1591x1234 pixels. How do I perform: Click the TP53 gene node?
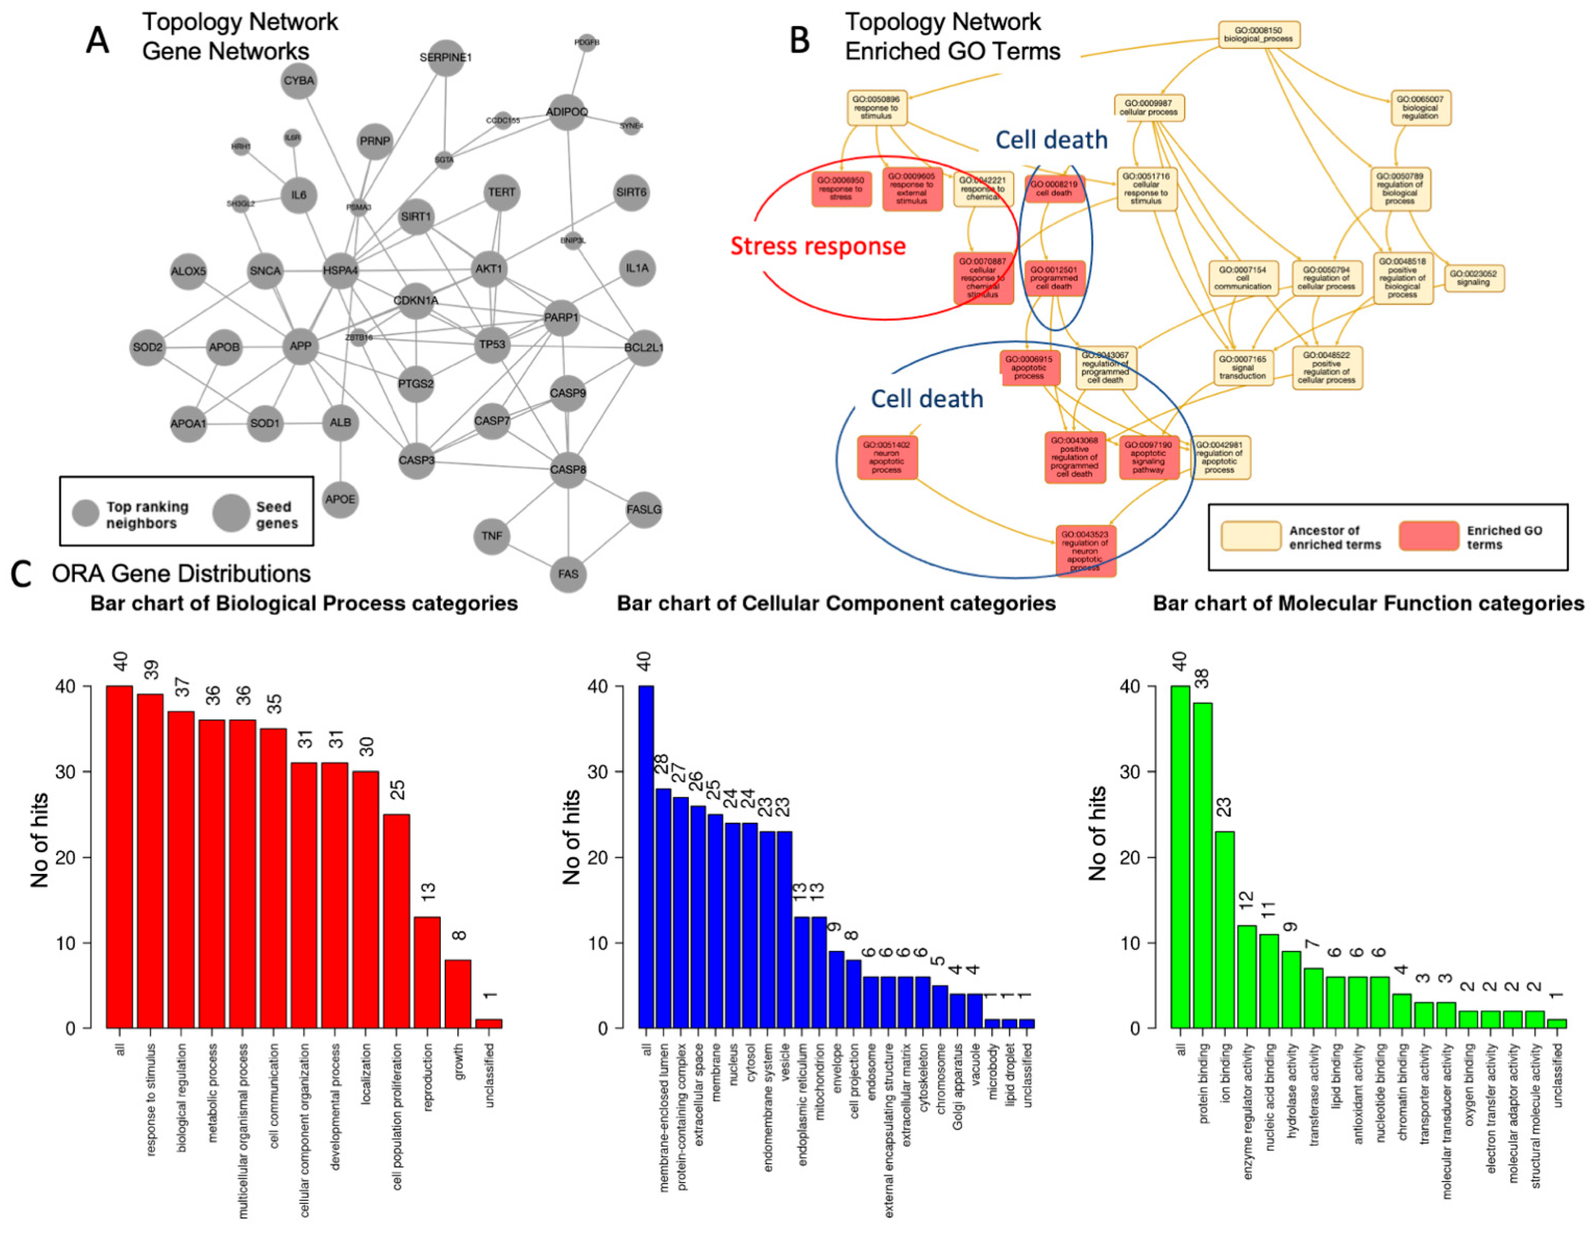click(492, 344)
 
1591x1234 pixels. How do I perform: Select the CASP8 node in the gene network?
click(568, 469)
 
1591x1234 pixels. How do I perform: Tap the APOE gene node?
click(340, 499)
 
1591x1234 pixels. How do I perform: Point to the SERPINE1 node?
click(446, 57)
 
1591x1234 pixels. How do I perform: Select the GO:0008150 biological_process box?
click(1259, 35)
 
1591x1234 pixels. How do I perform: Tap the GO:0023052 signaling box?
click(1474, 278)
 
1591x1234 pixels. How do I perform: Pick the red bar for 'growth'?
click(458, 994)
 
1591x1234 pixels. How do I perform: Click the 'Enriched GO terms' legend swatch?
click(1428, 537)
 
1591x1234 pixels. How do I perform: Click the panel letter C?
click(22, 575)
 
